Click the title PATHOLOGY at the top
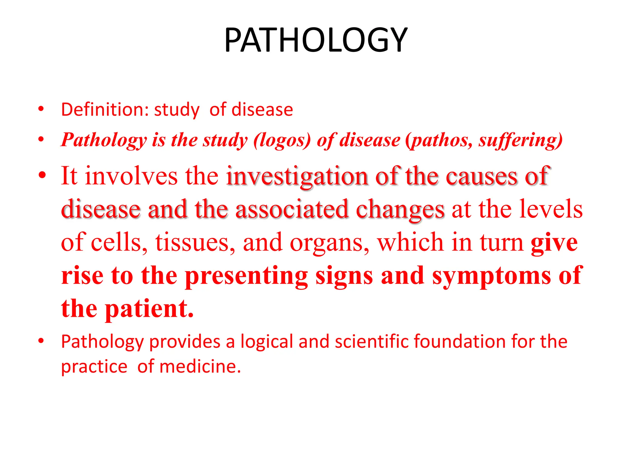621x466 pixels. tap(316, 40)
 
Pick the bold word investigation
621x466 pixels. tap(297, 176)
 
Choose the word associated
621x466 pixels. tap(292, 209)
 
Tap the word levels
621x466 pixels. tap(551, 209)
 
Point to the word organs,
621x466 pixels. tap(330, 243)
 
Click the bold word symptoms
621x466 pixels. tap(492, 276)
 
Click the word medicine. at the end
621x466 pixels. tap(200, 366)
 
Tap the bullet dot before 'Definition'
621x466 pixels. tap(41, 109)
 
